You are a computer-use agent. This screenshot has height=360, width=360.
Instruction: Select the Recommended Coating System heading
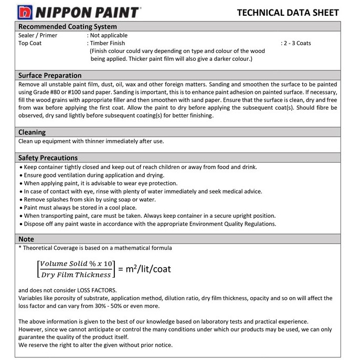68,26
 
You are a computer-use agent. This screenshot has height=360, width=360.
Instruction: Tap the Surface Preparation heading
50,75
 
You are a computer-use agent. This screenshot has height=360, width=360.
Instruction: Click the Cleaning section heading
32,132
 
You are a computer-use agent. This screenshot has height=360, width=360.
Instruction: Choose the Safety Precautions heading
48,157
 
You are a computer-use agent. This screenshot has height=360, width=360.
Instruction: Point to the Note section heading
26,239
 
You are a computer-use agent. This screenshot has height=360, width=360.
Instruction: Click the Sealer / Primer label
38,35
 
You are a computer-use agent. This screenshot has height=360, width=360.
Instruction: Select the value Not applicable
109,35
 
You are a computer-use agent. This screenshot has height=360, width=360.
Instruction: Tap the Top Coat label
30,43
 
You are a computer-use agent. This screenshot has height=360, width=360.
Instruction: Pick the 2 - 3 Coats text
297,43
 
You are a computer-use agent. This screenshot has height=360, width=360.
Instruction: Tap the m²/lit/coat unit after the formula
144,269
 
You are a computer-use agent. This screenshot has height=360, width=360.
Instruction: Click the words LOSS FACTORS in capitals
97,290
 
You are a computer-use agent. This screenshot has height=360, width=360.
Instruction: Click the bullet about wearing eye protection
100,183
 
